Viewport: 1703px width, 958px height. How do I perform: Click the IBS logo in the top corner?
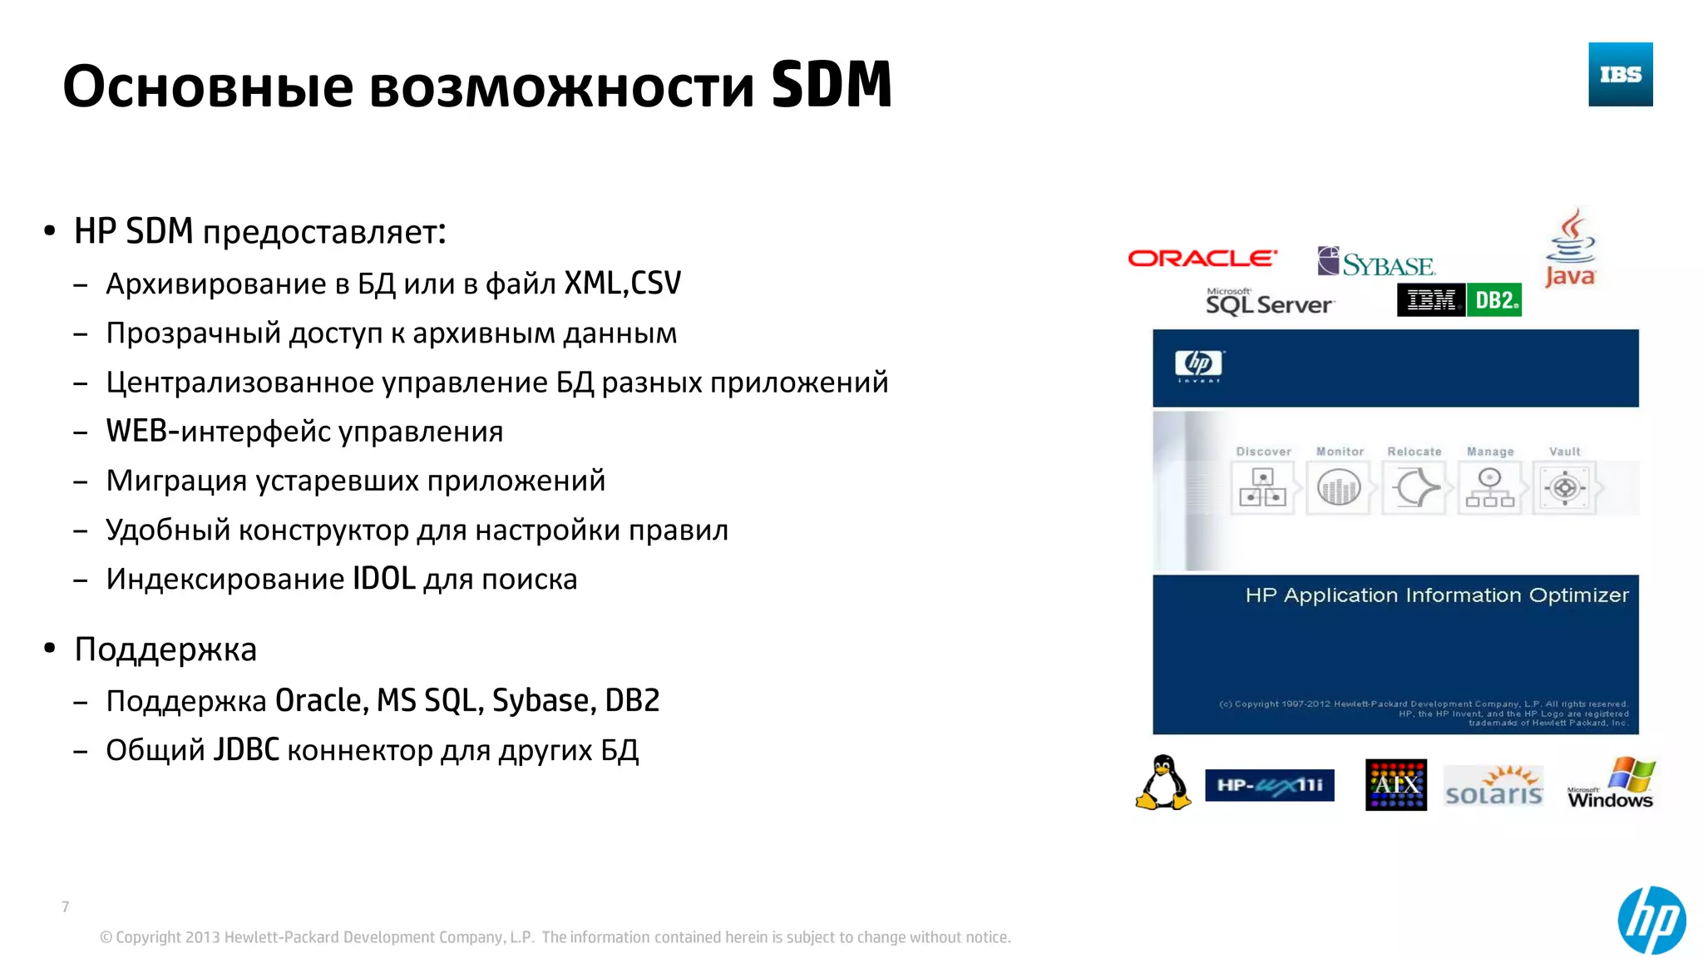click(1620, 74)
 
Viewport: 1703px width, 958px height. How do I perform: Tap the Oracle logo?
click(1202, 259)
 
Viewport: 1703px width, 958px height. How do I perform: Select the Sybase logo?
click(1376, 263)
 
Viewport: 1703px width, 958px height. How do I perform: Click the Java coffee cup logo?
click(1570, 247)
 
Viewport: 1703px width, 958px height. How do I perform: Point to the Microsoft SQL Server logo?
click(1269, 302)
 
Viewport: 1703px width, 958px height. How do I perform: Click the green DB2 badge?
click(1495, 300)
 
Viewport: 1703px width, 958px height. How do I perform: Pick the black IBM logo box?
click(1431, 300)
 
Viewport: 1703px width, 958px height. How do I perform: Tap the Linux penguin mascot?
click(1163, 783)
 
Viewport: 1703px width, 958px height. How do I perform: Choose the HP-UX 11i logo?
click(1269, 785)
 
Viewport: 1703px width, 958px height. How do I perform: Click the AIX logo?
click(1395, 784)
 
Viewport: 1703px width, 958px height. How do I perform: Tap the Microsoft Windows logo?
click(1611, 783)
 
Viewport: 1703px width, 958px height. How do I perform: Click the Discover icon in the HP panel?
click(1262, 487)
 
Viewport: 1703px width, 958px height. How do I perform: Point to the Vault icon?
click(1564, 487)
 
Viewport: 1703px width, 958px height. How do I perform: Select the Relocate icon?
click(1414, 487)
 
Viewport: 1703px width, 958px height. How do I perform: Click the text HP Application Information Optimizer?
click(1436, 595)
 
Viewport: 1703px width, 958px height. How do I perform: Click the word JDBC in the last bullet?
click(246, 750)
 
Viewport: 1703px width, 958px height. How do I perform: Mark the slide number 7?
click(66, 906)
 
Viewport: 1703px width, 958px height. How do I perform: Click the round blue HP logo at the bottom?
click(1651, 920)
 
